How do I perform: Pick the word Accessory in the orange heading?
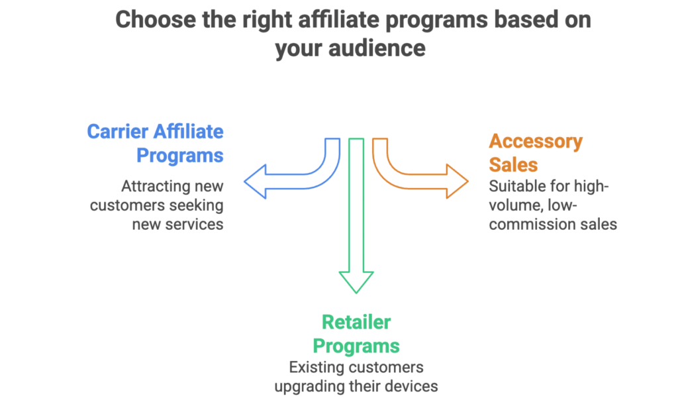[536, 141]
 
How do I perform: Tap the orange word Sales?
[514, 164]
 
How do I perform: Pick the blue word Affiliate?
[188, 131]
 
